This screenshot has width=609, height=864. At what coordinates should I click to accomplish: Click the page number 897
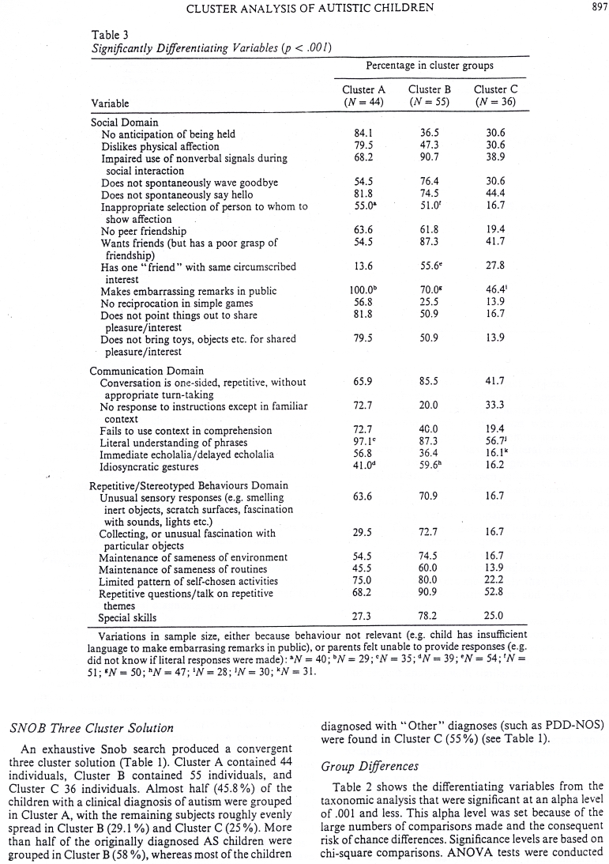pyautogui.click(x=596, y=8)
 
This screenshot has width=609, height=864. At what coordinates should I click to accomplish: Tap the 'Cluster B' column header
pyautogui.click(x=429, y=89)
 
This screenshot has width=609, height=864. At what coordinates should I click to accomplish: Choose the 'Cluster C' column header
pyautogui.click(x=495, y=89)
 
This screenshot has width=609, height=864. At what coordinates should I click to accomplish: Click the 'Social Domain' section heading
pyautogui.click(x=124, y=123)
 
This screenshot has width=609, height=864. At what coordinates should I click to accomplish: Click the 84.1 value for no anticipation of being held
pyautogui.click(x=359, y=134)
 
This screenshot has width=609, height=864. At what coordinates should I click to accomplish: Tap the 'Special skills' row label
pyautogui.click(x=127, y=618)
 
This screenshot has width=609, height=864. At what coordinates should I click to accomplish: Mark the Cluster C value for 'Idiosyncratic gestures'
pyautogui.click(x=495, y=466)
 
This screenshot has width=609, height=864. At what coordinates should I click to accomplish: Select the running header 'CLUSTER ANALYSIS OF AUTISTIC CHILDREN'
pyautogui.click(x=299, y=9)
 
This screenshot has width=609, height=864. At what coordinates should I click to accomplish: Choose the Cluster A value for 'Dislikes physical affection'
pyautogui.click(x=359, y=146)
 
